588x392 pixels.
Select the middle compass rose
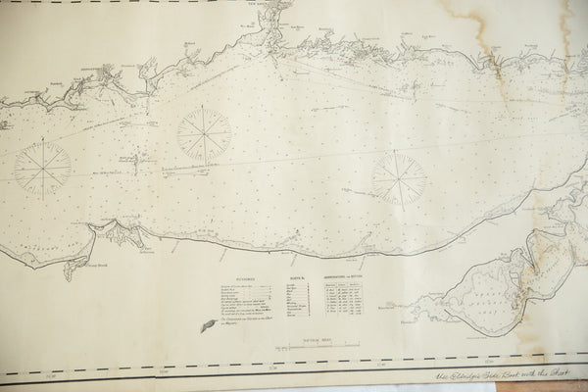(205, 131)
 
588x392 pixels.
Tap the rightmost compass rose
(397, 177)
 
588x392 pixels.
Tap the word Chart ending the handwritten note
(571, 375)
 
